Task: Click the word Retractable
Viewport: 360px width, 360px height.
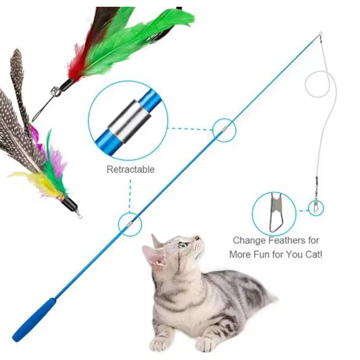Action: pyautogui.click(x=130, y=170)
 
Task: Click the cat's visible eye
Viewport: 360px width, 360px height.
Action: pyautogui.click(x=183, y=245)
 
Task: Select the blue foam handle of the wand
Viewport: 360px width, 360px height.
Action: pyautogui.click(x=34, y=319)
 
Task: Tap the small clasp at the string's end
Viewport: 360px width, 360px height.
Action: pyautogui.click(x=316, y=207)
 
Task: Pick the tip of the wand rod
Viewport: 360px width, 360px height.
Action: pyautogui.click(x=320, y=34)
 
